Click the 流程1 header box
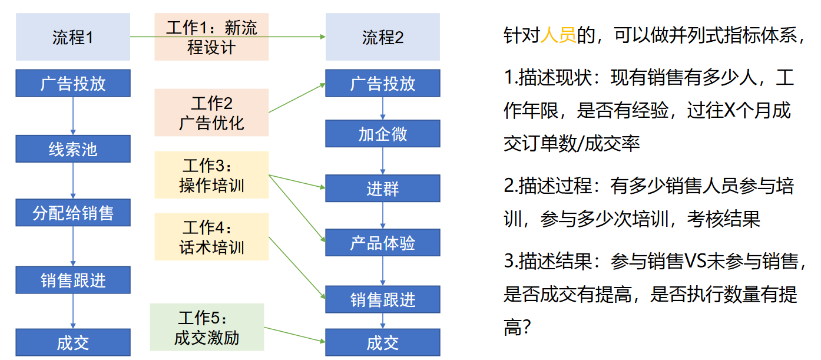coord(73,37)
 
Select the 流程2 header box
coord(383,37)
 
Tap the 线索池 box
coord(73,149)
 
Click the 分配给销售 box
coord(73,213)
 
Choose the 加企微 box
coord(383,134)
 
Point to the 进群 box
coord(383,189)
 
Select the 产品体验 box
coord(383,243)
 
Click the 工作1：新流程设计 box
coord(211,37)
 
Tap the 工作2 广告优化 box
coord(211,113)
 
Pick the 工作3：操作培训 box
coord(211,175)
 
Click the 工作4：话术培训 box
coord(211,237)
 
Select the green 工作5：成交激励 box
coord(207,328)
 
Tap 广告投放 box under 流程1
coord(73,83)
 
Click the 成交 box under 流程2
coord(383,342)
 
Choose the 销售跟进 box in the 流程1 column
coord(73,280)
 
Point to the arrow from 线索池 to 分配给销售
coord(73,181)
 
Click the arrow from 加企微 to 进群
coord(383,161)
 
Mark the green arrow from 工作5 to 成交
coord(294,335)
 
